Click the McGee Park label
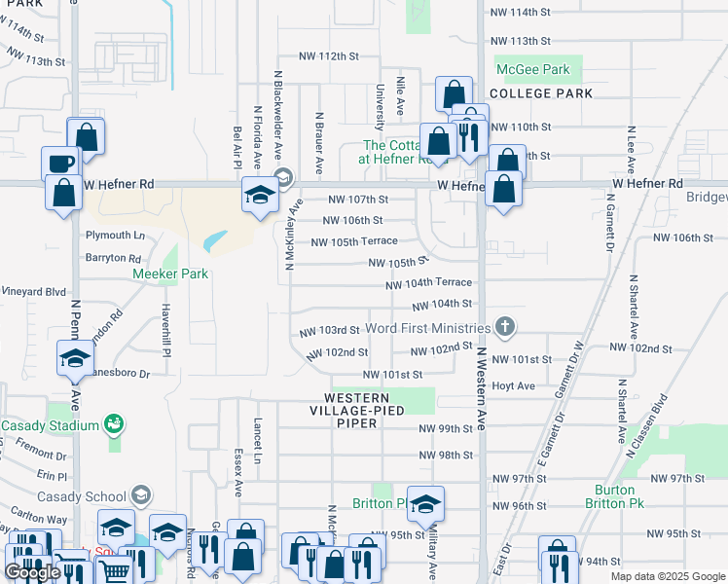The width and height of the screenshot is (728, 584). [x=532, y=70]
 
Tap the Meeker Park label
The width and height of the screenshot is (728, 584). [x=170, y=274]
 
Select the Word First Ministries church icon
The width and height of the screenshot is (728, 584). [x=504, y=328]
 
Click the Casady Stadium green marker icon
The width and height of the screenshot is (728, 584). [x=114, y=424]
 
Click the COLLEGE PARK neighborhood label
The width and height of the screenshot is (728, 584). [x=541, y=93]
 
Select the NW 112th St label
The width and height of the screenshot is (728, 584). [x=329, y=56]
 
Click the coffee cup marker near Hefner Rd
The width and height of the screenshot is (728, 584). [x=58, y=163]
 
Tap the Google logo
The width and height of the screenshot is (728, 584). [x=33, y=573]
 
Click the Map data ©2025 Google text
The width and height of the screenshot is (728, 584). [x=667, y=576]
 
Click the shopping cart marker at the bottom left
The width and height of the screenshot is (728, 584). [x=115, y=571]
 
